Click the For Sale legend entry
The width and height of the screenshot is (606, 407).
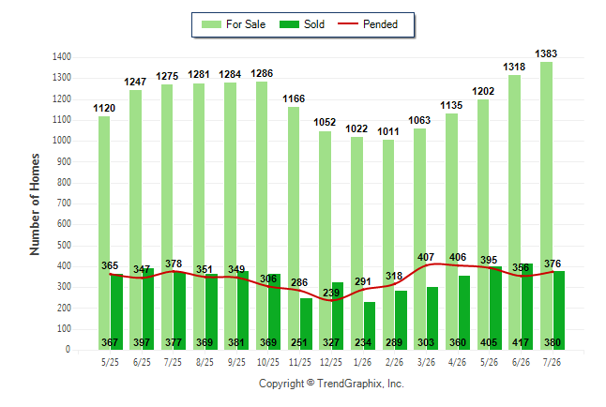tap(234, 24)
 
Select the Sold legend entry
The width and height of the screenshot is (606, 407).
tap(302, 24)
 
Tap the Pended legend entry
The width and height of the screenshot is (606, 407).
tap(368, 24)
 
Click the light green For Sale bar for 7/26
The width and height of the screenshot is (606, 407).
tap(547, 205)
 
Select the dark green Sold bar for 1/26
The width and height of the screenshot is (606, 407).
tap(370, 325)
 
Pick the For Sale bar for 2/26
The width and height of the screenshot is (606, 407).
tap(388, 245)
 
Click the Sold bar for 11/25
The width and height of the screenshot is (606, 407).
tap(306, 324)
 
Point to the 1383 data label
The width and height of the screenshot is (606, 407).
tap(546, 53)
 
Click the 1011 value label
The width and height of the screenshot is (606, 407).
tap(388, 131)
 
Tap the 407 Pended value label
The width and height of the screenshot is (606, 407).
tap(426, 257)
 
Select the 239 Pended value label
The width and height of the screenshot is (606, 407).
tap(331, 293)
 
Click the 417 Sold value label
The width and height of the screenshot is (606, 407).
tap(521, 342)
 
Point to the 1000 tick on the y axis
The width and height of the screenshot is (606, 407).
tap(62, 141)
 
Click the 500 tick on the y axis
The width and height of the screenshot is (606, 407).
tap(64, 245)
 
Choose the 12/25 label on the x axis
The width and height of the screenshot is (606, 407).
tap(331, 362)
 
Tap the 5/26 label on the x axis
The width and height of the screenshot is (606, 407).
tap(489, 362)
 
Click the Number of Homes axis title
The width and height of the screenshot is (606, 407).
tap(35, 204)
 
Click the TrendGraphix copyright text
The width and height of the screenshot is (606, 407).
tap(331, 384)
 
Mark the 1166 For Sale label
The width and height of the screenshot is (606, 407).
tap(294, 99)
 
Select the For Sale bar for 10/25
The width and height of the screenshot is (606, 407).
tap(262, 216)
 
